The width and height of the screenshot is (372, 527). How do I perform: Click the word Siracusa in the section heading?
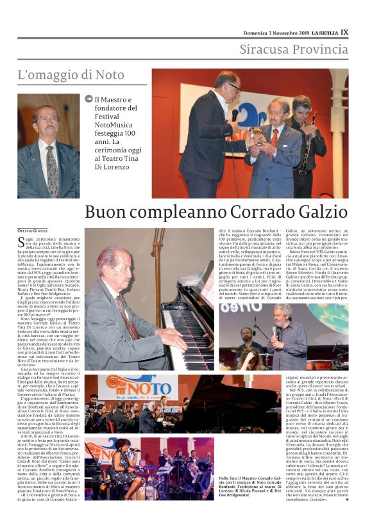pos(267,49)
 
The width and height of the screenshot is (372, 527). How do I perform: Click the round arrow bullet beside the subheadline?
pos(89,99)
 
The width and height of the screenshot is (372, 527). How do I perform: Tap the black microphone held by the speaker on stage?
pos(234,116)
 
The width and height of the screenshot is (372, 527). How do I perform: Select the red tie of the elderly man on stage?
pos(275,137)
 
